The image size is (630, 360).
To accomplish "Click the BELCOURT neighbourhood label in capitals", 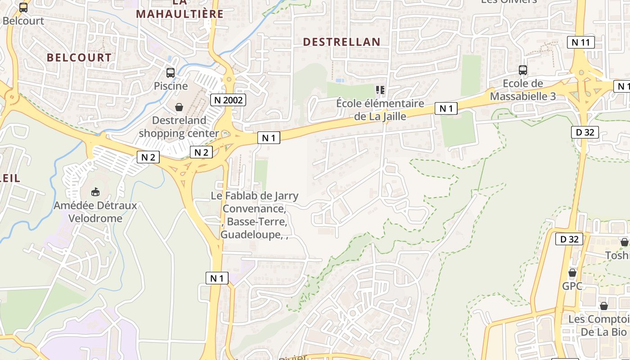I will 79,58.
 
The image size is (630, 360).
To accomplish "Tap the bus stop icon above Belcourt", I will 23,7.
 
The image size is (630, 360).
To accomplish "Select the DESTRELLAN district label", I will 342,42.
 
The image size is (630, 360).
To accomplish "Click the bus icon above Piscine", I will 171,72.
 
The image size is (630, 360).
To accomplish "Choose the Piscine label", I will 171,85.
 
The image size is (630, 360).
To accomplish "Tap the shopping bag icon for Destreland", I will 179,107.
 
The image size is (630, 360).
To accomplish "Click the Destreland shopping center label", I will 179,127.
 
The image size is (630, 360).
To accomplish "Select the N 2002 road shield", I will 228,100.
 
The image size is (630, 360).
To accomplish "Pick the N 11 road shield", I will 580,42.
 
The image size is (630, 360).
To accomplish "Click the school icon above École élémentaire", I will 380,90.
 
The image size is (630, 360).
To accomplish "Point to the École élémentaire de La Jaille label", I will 380,110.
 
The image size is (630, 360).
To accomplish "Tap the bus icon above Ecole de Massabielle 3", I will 522,70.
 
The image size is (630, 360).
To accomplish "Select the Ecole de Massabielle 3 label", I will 522,90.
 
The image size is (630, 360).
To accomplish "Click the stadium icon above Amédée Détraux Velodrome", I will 95,192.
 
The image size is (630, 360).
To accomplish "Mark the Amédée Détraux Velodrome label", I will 95,212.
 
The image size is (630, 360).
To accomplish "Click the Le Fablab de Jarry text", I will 254,196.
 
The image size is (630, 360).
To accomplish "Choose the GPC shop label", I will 572,286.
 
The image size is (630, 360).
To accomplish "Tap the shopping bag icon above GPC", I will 572,273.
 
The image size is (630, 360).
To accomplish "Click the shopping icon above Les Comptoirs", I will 603,306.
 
